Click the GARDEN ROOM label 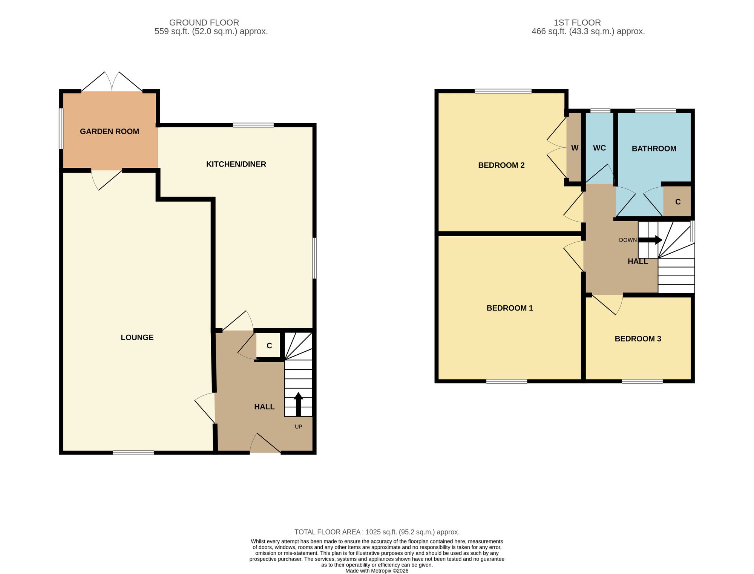[109, 132]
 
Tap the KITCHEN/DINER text [236, 164]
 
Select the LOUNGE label [137, 338]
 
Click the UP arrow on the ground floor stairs [298, 404]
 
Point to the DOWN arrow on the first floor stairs [650, 240]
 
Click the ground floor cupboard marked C [269, 346]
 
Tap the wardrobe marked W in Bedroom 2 [575, 148]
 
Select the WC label [599, 148]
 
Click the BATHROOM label [654, 149]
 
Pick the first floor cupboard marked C [677, 202]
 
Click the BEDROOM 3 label [638, 339]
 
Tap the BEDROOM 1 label [510, 308]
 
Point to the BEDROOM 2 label [501, 165]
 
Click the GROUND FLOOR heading [204, 23]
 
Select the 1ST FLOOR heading [577, 23]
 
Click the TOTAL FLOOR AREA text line [377, 532]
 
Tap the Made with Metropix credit [377, 571]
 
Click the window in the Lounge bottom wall [133, 453]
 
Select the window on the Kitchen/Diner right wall [314, 258]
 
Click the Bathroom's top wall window [656, 111]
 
